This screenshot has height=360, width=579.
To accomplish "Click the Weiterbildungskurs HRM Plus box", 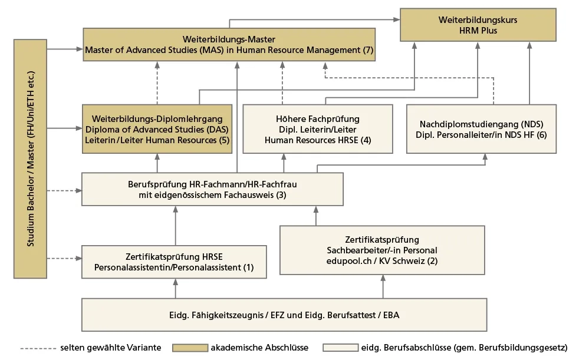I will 478,25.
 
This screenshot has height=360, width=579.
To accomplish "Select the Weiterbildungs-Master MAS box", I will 229,44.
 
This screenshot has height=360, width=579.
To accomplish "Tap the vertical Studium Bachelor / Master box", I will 31,158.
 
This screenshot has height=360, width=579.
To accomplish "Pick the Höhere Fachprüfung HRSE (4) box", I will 318,129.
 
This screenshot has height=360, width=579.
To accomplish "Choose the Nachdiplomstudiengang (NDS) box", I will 481,129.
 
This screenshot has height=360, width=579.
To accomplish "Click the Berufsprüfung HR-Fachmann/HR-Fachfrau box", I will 212,189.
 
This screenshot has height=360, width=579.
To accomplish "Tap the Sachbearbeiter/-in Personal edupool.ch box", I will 382,250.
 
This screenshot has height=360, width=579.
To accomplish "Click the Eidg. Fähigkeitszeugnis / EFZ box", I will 284,315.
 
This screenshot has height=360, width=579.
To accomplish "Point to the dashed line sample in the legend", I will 38,348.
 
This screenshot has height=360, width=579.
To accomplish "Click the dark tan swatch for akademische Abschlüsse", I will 190,348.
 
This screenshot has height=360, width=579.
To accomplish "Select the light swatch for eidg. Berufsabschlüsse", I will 340,348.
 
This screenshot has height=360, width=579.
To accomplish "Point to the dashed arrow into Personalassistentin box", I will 64,258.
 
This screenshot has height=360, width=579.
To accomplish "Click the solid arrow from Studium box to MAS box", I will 65,49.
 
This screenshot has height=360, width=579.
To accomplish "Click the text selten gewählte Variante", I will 110,348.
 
